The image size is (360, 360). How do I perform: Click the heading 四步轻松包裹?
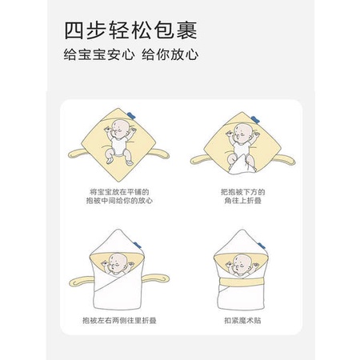tap(130, 30)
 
